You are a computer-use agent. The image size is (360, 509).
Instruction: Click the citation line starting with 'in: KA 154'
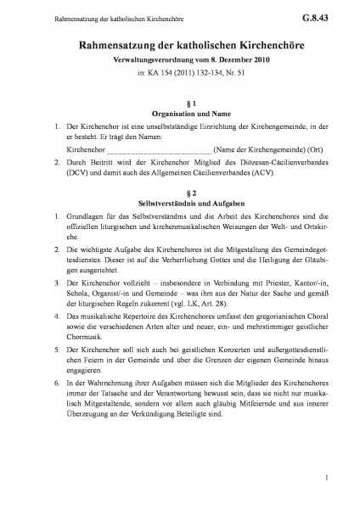(179, 73)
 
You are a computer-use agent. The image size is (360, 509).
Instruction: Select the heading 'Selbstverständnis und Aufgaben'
(179, 205)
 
